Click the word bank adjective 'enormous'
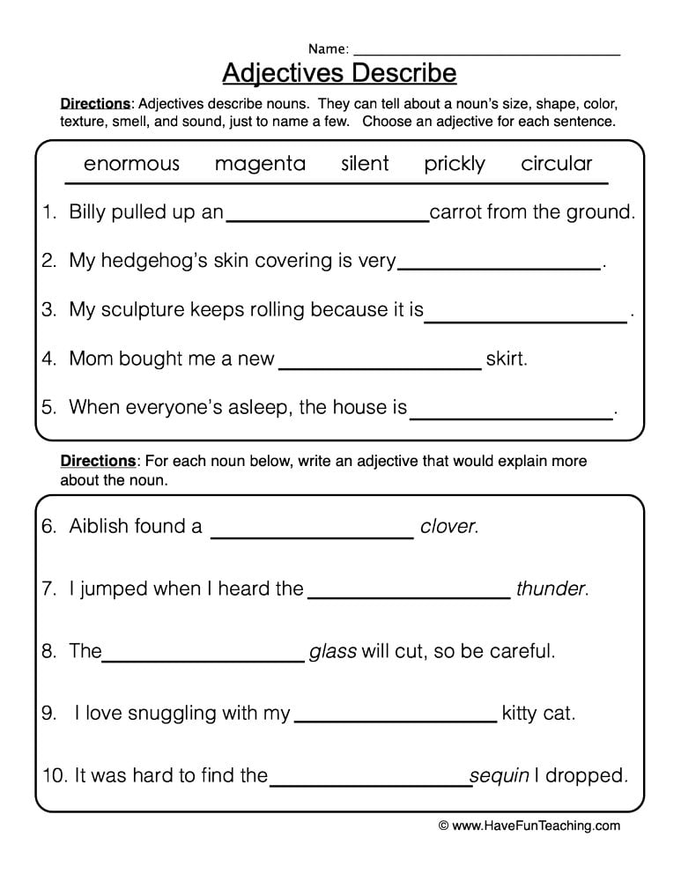point(131,164)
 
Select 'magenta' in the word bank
point(260,164)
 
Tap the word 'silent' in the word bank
point(365,164)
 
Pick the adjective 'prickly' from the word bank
point(455,165)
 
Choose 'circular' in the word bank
point(557,164)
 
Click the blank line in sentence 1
point(327,218)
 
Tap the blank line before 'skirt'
point(380,366)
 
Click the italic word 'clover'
point(448,527)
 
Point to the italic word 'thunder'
point(551,589)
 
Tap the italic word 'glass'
point(333,652)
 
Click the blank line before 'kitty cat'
point(395,720)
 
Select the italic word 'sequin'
point(500,776)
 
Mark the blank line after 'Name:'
point(486,53)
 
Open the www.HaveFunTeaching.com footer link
point(537,826)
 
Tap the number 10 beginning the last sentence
point(52,776)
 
